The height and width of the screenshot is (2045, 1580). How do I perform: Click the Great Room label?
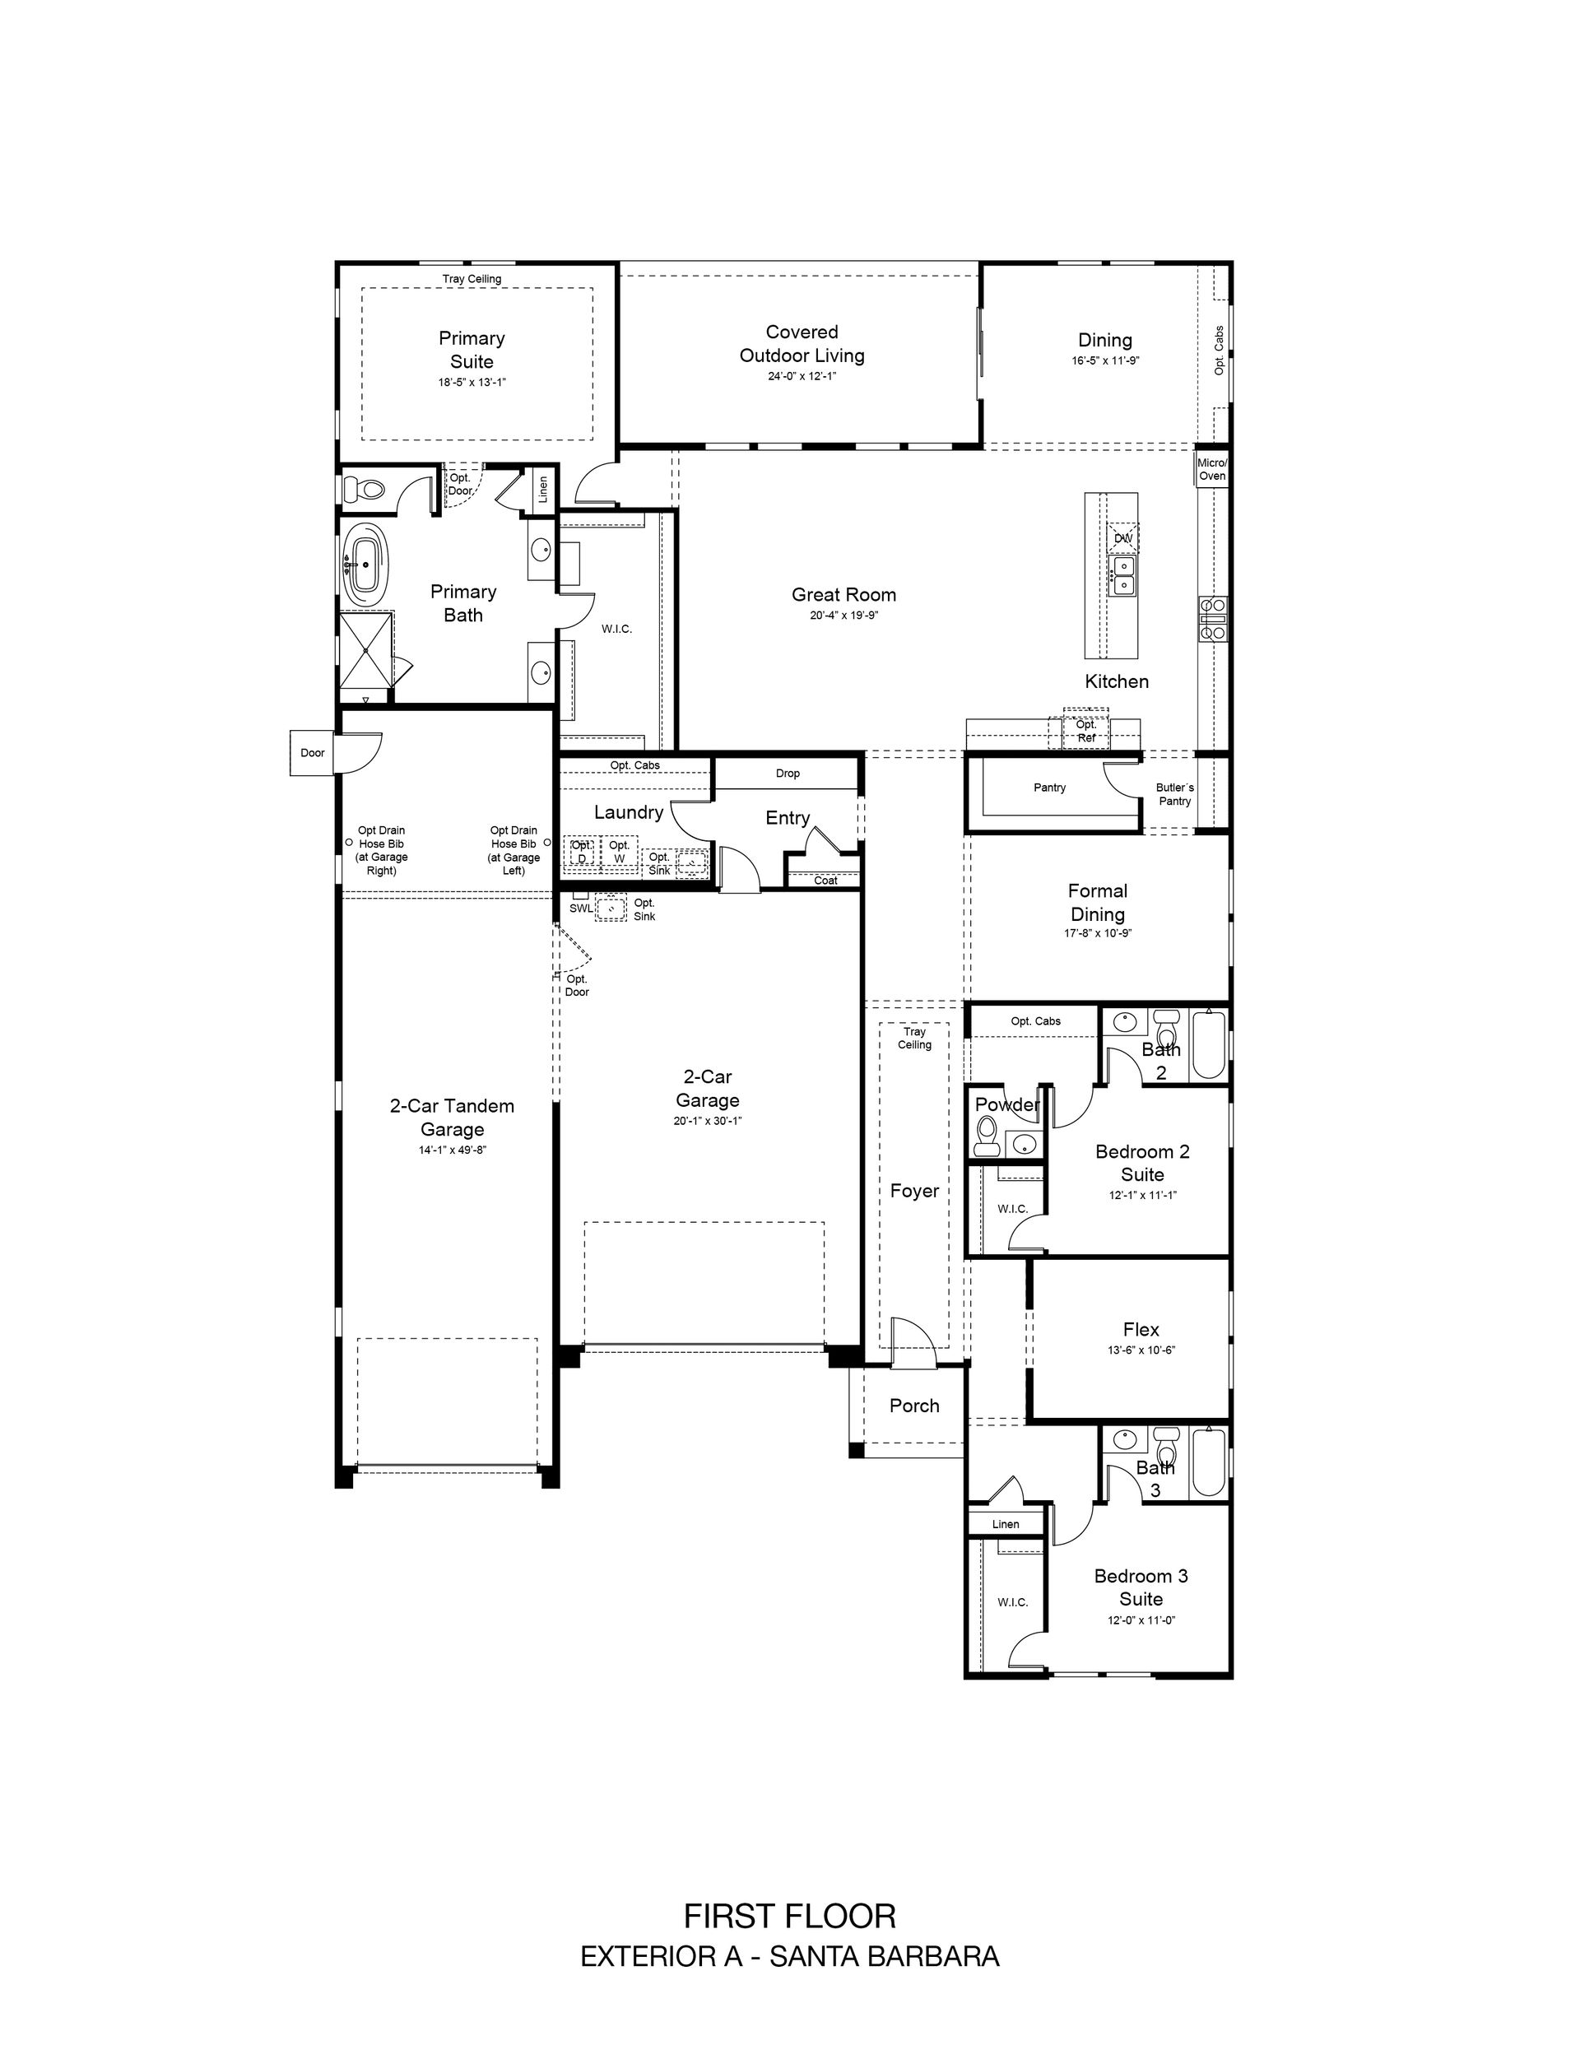(x=843, y=595)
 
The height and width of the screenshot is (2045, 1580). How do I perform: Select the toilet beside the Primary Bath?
(x=365, y=489)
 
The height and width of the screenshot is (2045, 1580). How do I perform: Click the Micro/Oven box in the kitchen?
(x=1212, y=469)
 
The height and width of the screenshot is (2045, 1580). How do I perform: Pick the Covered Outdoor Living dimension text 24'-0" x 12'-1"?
(x=802, y=376)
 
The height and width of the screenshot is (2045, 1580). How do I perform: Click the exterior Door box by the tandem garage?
(x=312, y=753)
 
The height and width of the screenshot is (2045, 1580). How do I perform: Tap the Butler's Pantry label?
(x=1174, y=794)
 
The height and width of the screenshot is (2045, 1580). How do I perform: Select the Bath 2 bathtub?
(x=1209, y=1044)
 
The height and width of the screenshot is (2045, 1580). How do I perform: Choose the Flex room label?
(x=1141, y=1330)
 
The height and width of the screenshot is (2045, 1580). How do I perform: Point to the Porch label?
(x=914, y=1406)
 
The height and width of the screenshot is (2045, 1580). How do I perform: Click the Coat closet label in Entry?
(x=825, y=881)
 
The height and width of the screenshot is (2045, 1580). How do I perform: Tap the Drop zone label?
(x=788, y=774)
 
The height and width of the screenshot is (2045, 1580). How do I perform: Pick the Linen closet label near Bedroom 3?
(x=1005, y=1524)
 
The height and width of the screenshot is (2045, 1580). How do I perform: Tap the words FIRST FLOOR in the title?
(x=789, y=1916)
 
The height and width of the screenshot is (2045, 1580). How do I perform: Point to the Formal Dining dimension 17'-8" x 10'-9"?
(x=1098, y=933)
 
